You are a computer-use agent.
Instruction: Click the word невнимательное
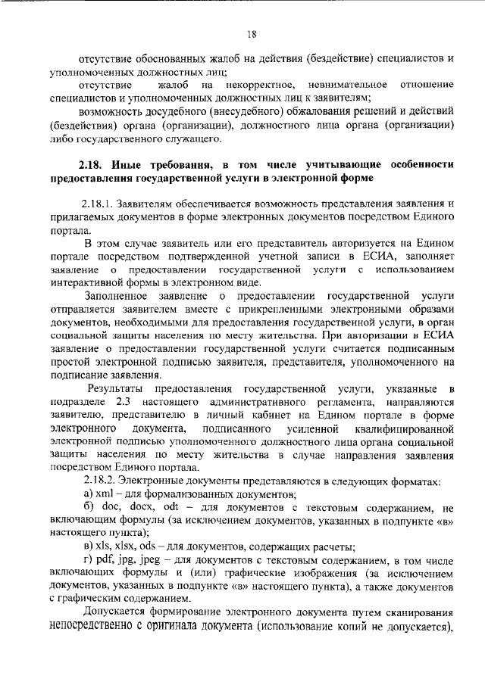(x=348, y=83)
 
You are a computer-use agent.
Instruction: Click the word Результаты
(x=117, y=388)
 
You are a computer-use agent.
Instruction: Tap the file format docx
(x=131, y=509)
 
